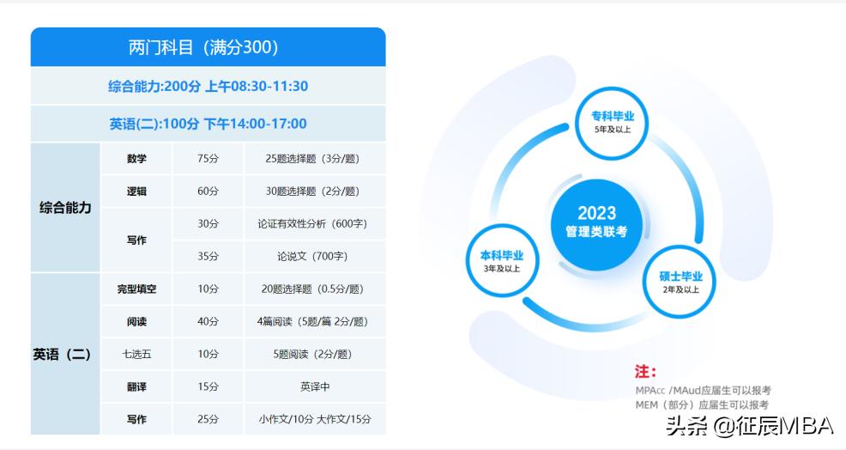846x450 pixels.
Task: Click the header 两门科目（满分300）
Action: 208,47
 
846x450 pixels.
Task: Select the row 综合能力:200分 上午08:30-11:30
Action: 208,86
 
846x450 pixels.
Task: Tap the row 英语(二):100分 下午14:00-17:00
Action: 208,124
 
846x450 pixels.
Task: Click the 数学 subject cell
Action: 136,159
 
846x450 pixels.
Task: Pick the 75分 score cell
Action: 208,159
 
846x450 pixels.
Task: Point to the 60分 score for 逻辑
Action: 208,192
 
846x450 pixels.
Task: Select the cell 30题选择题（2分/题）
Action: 312,192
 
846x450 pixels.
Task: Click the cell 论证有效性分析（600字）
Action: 312,224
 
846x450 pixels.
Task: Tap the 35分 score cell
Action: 208,256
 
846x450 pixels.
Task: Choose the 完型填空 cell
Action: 136,289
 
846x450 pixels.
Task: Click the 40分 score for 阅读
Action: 208,322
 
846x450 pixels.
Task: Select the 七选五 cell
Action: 136,354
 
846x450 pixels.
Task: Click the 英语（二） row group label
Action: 65,354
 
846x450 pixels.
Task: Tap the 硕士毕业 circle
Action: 680,282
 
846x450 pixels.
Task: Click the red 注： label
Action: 645,373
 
